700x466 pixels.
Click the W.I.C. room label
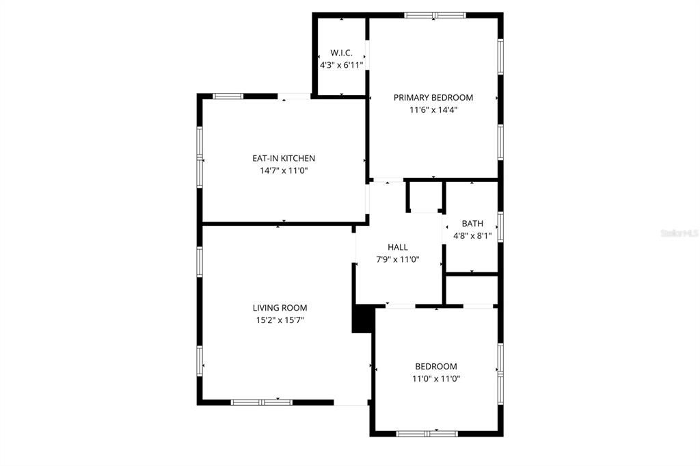point(341,53)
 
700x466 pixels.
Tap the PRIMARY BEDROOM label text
point(433,98)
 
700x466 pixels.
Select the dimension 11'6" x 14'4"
point(433,109)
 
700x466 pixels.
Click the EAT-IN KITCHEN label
point(284,159)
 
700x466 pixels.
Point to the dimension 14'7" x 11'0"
point(284,171)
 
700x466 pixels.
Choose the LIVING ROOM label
point(280,308)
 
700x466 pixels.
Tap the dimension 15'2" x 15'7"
point(280,320)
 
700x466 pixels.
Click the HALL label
point(398,247)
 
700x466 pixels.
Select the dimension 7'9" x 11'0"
point(398,259)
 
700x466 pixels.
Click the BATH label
point(472,224)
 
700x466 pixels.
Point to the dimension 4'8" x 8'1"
point(472,235)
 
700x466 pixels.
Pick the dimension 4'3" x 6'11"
point(341,65)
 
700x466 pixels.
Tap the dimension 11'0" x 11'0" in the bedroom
point(435,378)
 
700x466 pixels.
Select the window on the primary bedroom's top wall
point(435,15)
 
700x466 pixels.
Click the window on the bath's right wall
point(500,226)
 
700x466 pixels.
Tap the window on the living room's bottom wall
point(261,402)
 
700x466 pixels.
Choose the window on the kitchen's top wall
point(228,96)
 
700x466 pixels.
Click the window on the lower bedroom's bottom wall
point(427,433)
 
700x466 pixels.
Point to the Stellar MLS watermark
point(678,233)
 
